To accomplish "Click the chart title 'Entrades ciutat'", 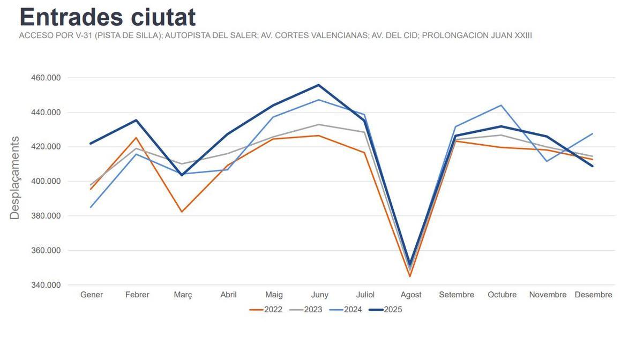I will click(x=107, y=17).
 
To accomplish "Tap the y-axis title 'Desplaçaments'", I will click(x=14, y=178).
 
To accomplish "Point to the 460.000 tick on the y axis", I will click(x=46, y=78).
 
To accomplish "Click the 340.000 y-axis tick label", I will click(x=46, y=285).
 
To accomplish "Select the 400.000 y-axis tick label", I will click(x=46, y=181).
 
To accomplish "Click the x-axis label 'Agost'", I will click(x=411, y=295).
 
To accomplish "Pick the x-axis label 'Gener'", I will click(x=92, y=295).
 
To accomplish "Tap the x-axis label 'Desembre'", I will click(x=593, y=295).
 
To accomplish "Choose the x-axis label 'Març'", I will click(x=183, y=295).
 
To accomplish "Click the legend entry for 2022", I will click(x=266, y=310).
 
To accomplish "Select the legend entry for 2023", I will click(x=306, y=310).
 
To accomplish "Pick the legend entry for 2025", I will click(x=386, y=310).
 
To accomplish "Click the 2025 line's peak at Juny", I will click(x=318, y=85).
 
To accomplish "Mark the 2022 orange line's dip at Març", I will click(x=182, y=212).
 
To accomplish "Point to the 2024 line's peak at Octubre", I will click(x=502, y=105).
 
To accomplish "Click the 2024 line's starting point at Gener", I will click(x=91, y=207).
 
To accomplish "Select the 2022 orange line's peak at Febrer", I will click(x=137, y=138).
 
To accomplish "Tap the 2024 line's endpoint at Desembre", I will click(x=593, y=133).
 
